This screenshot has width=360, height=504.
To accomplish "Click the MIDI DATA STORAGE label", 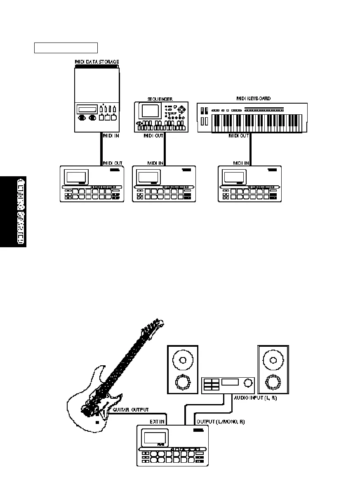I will [97, 62].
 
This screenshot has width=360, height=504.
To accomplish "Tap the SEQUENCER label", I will [160, 99].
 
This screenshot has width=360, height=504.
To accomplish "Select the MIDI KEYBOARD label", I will [254, 98].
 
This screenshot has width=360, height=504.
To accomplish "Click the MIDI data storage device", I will [97, 99].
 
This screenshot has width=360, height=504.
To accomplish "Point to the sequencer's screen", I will [151, 111].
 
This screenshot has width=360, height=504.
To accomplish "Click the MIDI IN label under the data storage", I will [111, 135].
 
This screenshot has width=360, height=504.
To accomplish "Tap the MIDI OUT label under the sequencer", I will [153, 135].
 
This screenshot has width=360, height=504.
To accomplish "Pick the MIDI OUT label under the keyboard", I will [239, 135].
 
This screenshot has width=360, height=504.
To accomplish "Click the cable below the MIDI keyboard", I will [251, 149].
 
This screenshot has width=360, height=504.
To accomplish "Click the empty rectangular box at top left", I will [66, 48].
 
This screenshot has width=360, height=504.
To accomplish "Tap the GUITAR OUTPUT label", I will [131, 410].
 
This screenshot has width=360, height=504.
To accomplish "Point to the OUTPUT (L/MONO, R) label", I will [220, 422].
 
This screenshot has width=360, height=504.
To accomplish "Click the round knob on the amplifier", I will [248, 383].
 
